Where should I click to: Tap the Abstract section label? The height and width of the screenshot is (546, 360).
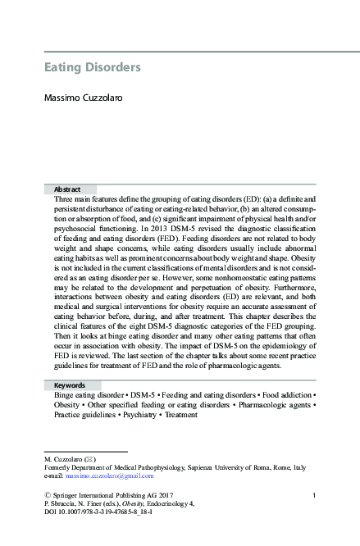[67, 188]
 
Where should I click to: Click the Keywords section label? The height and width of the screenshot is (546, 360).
[71, 384]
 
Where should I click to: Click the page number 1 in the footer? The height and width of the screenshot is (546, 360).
[315, 494]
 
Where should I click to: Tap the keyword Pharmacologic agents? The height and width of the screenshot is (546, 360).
[277, 405]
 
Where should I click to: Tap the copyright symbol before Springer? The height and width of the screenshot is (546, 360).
[48, 494]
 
